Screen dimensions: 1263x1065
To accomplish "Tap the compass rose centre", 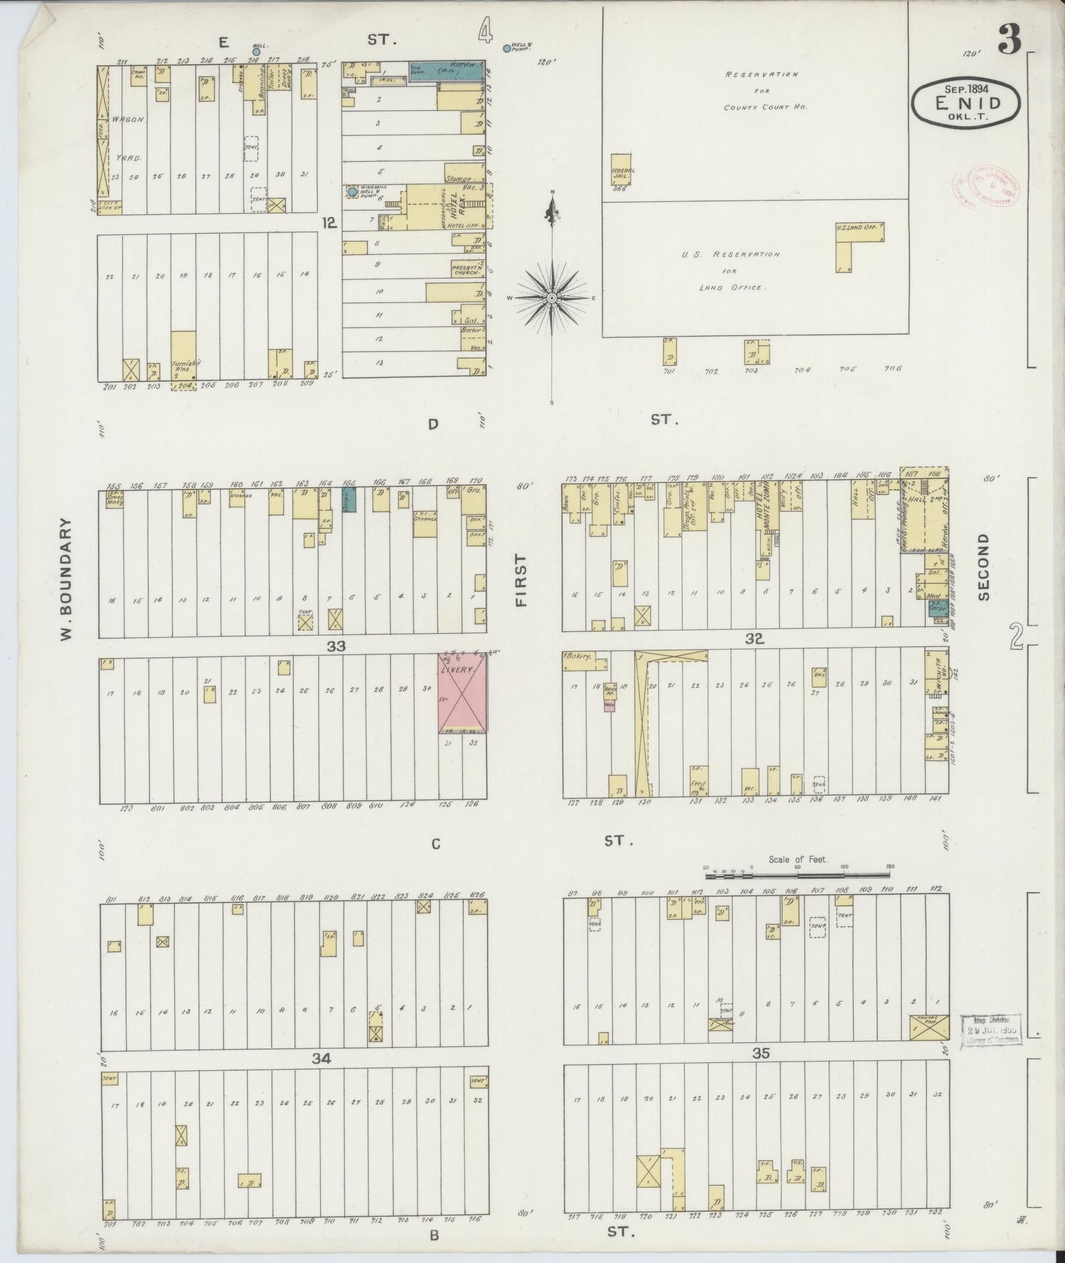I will [x=551, y=298].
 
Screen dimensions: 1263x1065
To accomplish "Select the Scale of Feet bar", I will [x=798, y=875].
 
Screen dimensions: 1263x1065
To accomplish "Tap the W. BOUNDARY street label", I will [x=65, y=578].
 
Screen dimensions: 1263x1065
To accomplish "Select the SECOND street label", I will [x=984, y=566].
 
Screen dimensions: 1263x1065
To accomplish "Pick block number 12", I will [x=329, y=223].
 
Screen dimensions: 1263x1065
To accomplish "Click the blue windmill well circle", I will [x=353, y=192].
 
